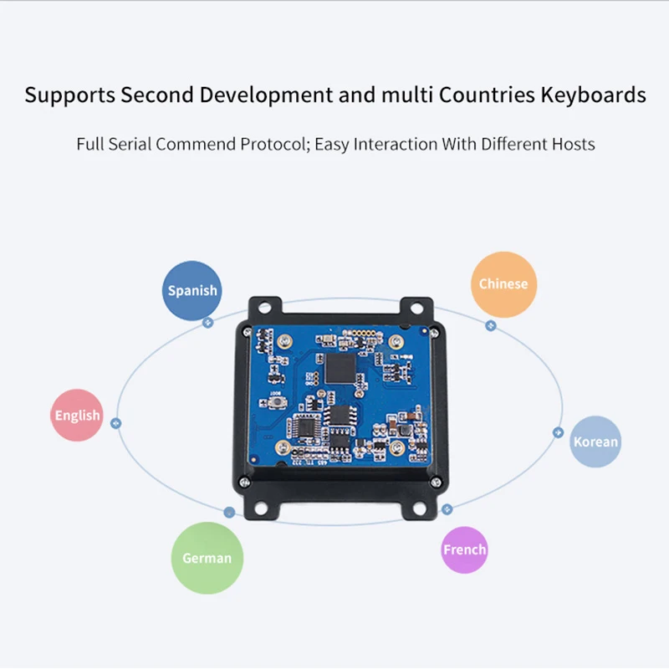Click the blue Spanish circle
(x=192, y=290)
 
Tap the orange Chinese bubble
(x=503, y=283)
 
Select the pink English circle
(x=77, y=416)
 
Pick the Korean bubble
(x=595, y=442)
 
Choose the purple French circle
(x=464, y=549)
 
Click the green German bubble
(x=207, y=557)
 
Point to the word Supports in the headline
(x=69, y=94)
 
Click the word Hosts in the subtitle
(x=573, y=144)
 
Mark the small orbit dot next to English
(x=116, y=423)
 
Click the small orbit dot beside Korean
(x=558, y=432)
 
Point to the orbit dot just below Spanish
(x=208, y=321)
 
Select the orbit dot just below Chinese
(x=491, y=324)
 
